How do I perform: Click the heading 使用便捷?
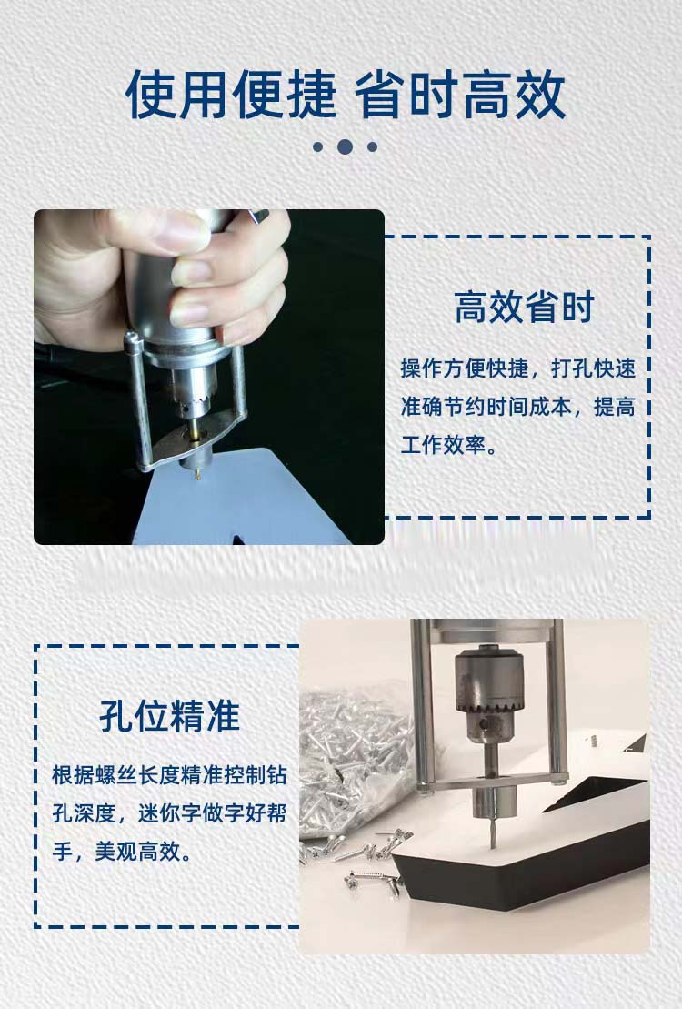point(231,96)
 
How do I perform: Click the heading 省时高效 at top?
point(460,96)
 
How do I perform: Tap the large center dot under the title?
point(345,146)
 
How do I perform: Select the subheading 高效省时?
point(525,307)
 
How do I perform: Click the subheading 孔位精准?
point(170,716)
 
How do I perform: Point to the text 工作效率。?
point(449,445)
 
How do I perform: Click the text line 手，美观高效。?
point(122,852)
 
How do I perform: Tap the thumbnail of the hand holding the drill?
point(209,377)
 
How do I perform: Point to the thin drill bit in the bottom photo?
point(492,831)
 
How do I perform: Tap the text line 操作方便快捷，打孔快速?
point(518,368)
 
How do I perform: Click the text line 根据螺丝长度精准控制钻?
point(169,775)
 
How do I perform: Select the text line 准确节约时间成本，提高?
point(518,407)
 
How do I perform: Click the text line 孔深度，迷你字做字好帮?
point(169,813)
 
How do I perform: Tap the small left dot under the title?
point(318,146)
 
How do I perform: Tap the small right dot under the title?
point(372,146)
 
